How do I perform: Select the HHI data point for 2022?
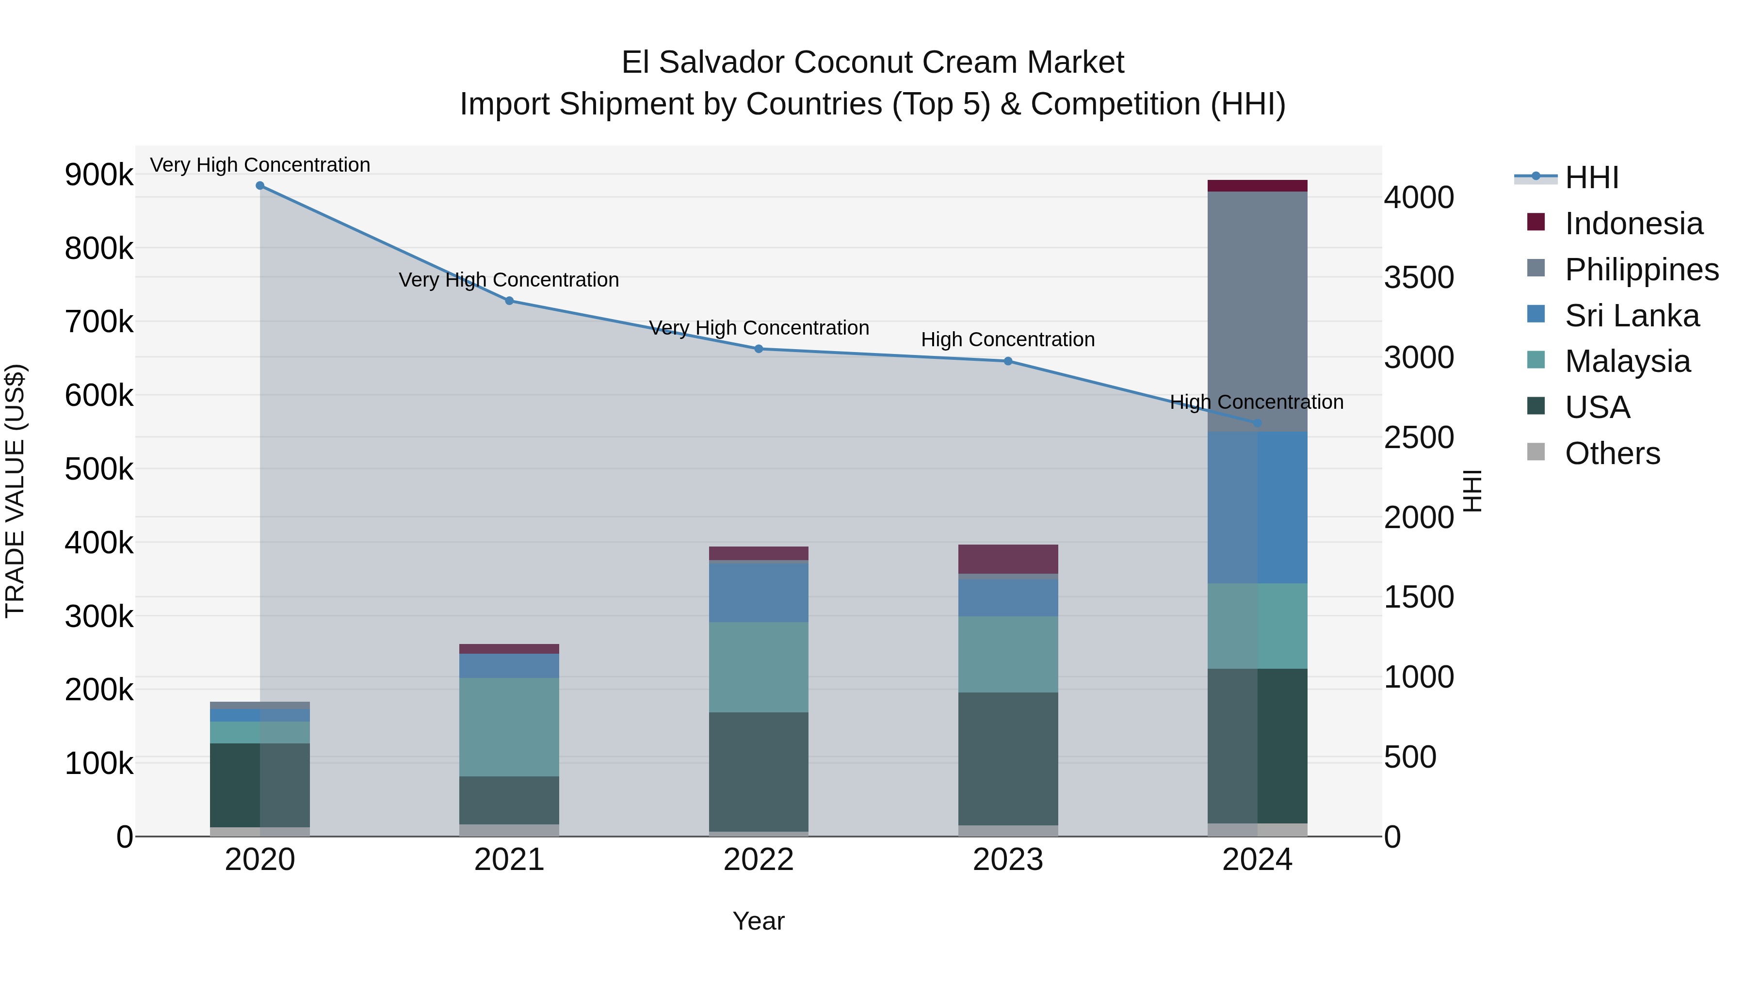[x=759, y=349]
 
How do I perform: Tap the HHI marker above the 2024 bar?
[x=1257, y=423]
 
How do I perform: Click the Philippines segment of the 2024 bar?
[x=1257, y=312]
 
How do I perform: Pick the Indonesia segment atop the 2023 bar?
[x=1008, y=559]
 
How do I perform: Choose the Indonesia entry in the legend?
[x=1633, y=224]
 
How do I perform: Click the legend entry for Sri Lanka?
[x=1632, y=316]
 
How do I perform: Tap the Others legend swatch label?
[x=1612, y=453]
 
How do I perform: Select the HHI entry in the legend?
[x=1591, y=177]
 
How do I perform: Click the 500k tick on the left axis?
[x=99, y=469]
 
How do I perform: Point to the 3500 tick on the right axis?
[x=1419, y=278]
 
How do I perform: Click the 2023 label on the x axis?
[x=1008, y=860]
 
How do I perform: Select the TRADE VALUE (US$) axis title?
[x=15, y=491]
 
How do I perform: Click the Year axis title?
[x=759, y=921]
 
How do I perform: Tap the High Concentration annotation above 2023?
[x=1007, y=339]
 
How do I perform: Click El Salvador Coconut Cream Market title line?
[x=873, y=63]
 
